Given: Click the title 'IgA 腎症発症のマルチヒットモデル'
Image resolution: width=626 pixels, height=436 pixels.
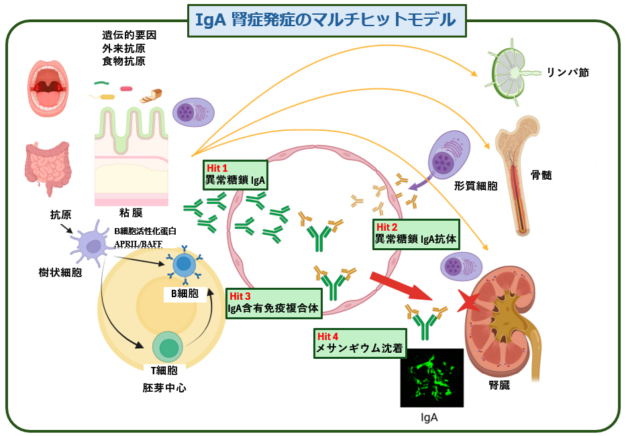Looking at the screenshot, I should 326,19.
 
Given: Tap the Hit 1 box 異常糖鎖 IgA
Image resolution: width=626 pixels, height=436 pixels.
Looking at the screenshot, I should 236,174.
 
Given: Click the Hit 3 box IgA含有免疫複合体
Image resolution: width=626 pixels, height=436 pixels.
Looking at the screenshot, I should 273,303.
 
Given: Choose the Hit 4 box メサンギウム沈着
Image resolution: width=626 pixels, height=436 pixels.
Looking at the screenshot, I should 360,343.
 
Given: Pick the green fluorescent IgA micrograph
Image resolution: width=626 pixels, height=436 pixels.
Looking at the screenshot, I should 431,378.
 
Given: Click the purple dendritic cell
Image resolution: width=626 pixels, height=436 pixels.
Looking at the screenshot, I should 89,246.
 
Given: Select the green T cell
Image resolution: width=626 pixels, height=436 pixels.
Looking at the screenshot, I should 168,348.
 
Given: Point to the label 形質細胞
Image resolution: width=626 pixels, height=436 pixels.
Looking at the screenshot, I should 475,186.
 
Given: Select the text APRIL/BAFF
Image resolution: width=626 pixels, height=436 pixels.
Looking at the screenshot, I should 138,243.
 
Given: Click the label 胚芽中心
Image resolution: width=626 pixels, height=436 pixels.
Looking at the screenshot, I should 164,387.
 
